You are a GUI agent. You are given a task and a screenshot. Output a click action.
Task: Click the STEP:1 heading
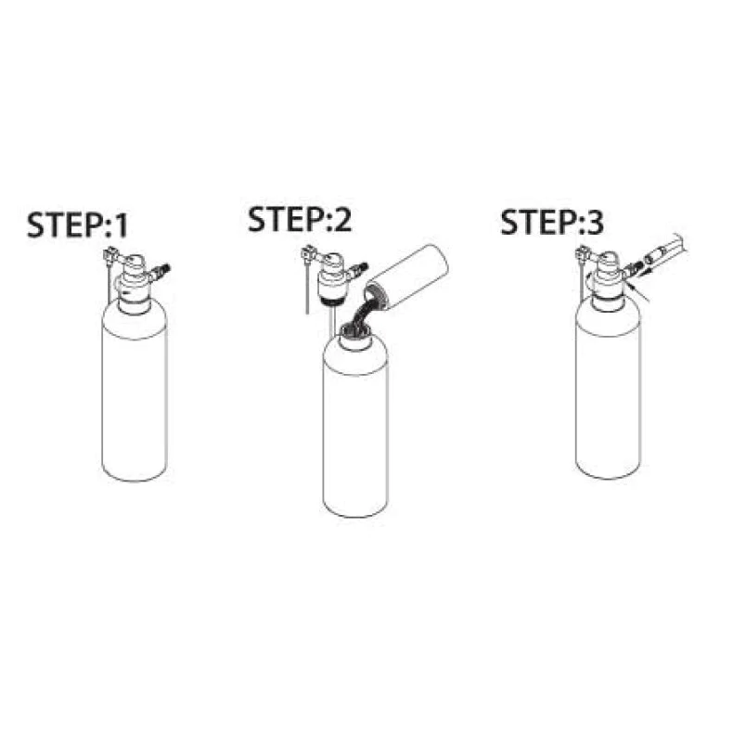tap(77, 225)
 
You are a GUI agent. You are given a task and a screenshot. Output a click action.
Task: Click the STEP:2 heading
tap(300, 219)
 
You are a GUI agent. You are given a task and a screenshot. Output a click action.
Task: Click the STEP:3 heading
tap(552, 222)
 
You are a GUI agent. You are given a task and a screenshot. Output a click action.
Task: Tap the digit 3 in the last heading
tap(595, 223)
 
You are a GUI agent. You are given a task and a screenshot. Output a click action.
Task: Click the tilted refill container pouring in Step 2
tap(405, 276)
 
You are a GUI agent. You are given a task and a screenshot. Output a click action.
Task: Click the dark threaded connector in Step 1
tap(164, 270)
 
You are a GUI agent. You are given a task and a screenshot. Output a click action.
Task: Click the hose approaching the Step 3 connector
tap(664, 251)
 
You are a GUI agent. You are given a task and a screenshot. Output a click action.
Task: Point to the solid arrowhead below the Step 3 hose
tap(642, 273)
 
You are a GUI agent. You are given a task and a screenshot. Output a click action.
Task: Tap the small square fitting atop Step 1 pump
tap(109, 256)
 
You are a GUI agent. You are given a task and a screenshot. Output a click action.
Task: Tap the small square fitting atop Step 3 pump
tap(583, 253)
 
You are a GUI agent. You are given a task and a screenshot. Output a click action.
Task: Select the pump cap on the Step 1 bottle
tap(135, 283)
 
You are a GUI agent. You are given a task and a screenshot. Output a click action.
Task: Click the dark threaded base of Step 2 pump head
tap(333, 300)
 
